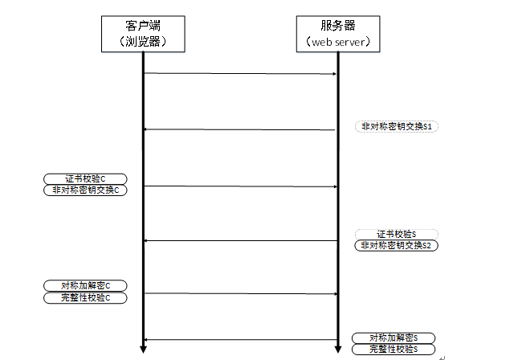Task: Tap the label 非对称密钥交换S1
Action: (x=396, y=127)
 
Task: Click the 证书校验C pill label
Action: (x=85, y=179)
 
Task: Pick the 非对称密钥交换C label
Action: (x=85, y=190)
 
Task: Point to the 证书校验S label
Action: (x=396, y=234)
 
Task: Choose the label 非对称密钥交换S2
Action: (x=396, y=245)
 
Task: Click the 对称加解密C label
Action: (x=85, y=286)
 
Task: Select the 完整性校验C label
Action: (x=85, y=297)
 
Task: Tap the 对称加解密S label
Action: (x=394, y=338)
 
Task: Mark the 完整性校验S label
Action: (x=394, y=349)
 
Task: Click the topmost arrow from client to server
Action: (x=240, y=74)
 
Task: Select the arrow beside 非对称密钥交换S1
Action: (x=239, y=130)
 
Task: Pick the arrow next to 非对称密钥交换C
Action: (x=240, y=186)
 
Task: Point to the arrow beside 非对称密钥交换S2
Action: (x=240, y=240)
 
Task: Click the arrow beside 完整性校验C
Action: (x=241, y=293)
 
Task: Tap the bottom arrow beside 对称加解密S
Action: (x=240, y=340)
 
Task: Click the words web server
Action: (x=338, y=42)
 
